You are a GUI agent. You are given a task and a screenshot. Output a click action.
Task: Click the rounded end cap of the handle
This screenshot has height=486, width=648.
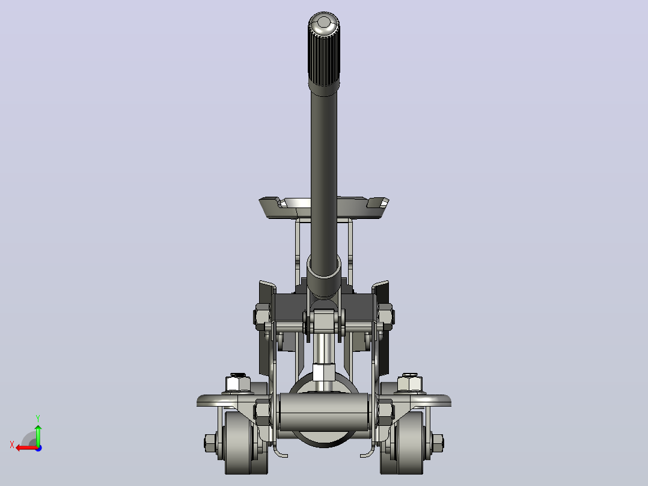[x=324, y=22]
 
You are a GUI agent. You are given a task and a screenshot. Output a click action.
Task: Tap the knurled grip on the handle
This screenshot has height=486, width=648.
[x=324, y=58]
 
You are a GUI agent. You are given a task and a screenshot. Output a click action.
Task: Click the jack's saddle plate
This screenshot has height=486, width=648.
[x=323, y=208]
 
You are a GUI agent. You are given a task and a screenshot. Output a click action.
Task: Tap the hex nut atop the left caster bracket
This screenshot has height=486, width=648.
[x=237, y=383]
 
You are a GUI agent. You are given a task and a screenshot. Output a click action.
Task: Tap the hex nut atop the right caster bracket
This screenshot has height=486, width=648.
[x=409, y=383]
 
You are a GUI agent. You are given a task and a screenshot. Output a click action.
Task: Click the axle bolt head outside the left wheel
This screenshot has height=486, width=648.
[x=210, y=443]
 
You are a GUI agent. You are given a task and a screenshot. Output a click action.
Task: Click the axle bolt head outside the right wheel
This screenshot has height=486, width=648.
[x=437, y=443]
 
